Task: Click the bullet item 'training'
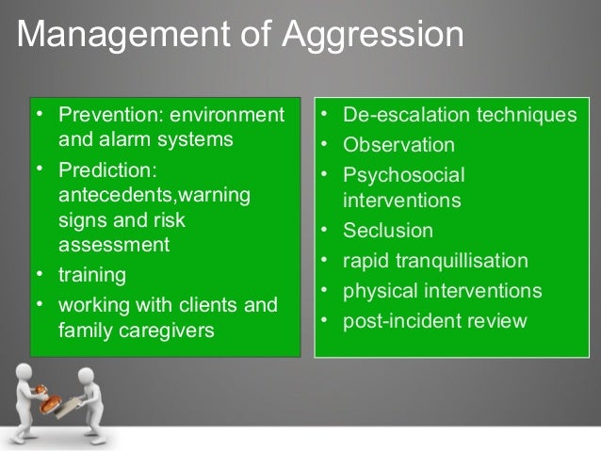click(92, 277)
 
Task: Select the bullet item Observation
click(398, 146)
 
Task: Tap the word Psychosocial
click(404, 175)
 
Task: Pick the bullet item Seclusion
click(388, 231)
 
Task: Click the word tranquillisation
click(462, 261)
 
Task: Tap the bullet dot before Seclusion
click(323, 231)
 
